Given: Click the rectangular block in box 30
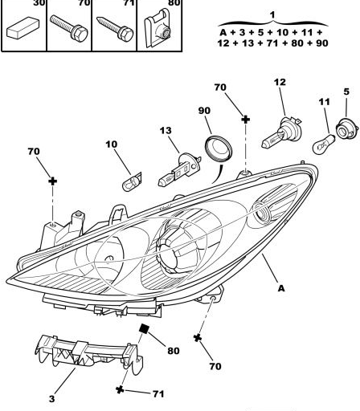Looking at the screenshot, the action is coord(23,27).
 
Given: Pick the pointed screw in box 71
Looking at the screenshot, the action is coord(115,29).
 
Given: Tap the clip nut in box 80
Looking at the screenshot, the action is coord(158,28).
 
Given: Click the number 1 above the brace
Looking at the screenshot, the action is coord(272,15).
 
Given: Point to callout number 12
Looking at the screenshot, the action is coord(280,82).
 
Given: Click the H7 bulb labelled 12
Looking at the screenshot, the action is coord(281,133).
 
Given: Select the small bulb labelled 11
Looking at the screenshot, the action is coord(324,144).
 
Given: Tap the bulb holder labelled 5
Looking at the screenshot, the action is coord(347,128).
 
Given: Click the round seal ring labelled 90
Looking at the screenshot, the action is coord(219,149).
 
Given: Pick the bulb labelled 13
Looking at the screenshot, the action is coord(179,169).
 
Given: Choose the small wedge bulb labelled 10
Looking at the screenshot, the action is coord(132,182).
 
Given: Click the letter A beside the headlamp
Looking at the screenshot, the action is coord(281,288).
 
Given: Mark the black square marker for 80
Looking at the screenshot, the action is coord(145,328).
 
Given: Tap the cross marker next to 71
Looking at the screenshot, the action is coord(120,390).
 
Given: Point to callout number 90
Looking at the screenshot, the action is coord(204,111).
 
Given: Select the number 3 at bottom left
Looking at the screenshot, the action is coord(51,399).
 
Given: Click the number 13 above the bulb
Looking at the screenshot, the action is coord(166,131).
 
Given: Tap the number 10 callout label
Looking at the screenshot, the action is coord(112,144).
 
